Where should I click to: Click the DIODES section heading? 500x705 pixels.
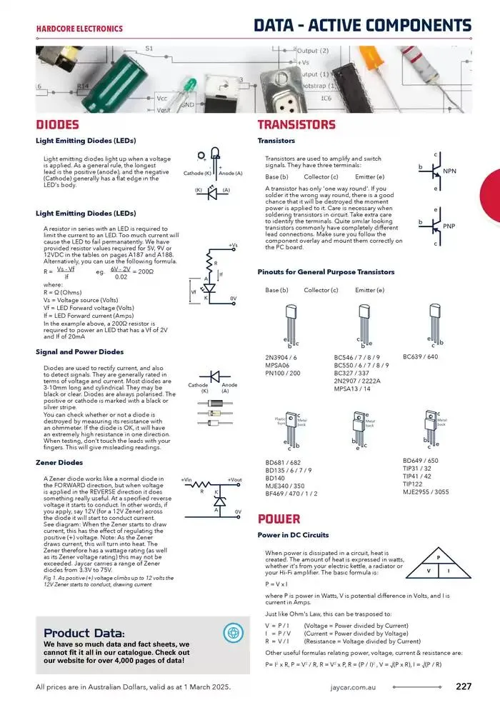pyautogui.click(x=59, y=125)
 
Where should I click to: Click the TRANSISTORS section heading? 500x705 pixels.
pyautogui.click(x=296, y=125)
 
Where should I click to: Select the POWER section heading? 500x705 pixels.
pyautogui.click(x=279, y=519)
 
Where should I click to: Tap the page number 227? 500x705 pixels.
pyautogui.click(x=463, y=687)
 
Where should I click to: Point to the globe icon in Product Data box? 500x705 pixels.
pyautogui.click(x=233, y=632)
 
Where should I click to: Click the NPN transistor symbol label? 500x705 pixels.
pyautogui.click(x=449, y=171)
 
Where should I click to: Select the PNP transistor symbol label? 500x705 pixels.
pyautogui.click(x=449, y=226)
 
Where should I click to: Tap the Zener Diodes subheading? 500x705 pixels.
pyautogui.click(x=59, y=462)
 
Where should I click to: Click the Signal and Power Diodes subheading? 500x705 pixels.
pyautogui.click(x=79, y=351)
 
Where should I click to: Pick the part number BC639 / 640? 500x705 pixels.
pyautogui.click(x=420, y=356)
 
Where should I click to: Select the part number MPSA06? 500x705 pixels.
pyautogui.click(x=276, y=364)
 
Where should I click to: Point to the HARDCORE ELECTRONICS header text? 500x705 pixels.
pyautogui.click(x=79, y=29)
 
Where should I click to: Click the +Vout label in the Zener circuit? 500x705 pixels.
pyautogui.click(x=235, y=479)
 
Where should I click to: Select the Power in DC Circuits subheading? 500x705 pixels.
pyautogui.click(x=293, y=535)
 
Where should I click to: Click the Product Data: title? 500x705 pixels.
pyautogui.click(x=84, y=633)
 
